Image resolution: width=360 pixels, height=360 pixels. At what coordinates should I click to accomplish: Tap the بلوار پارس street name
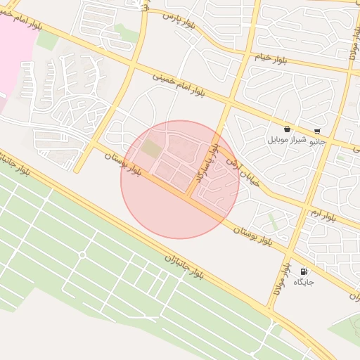coord(179,20)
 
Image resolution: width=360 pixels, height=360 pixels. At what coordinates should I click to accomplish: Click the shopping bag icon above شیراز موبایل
coord(288,129)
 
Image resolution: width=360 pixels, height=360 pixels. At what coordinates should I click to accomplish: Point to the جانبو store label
coord(318,141)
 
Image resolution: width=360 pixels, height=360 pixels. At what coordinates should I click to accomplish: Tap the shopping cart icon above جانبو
coord(318,131)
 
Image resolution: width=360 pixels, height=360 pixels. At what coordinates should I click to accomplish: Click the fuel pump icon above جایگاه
coord(304,271)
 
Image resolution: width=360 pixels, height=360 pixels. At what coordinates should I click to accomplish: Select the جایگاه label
coord(304,282)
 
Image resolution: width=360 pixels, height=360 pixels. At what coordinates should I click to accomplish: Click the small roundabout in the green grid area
coord(82,255)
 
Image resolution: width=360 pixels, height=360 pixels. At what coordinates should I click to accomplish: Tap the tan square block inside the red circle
coord(150,149)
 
